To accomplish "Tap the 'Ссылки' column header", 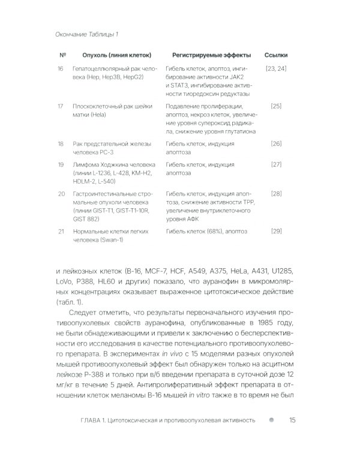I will tap(275, 55).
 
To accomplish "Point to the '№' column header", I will tap(62, 55).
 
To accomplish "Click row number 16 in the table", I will tap(61, 69).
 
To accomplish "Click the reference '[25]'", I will tap(276, 106).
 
